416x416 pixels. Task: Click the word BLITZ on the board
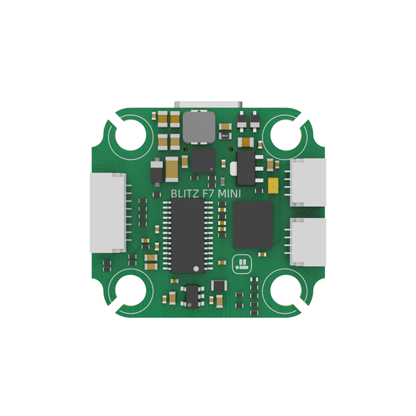click(185, 194)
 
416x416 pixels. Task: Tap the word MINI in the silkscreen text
click(229, 194)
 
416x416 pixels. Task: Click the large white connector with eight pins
click(108, 213)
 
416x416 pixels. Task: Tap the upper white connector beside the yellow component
click(308, 183)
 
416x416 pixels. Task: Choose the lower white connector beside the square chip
click(308, 242)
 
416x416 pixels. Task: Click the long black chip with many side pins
click(188, 236)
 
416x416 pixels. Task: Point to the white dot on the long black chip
click(196, 269)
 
